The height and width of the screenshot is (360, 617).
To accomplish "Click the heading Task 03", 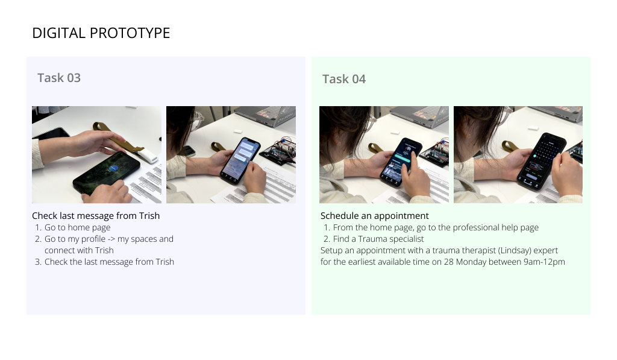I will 58,78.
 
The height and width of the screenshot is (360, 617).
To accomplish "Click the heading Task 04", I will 343,79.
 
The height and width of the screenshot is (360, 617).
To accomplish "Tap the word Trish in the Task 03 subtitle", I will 149,215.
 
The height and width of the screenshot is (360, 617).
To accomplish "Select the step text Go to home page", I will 77,227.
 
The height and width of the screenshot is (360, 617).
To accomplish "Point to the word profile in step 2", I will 93,239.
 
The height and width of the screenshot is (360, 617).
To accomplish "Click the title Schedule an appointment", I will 374,215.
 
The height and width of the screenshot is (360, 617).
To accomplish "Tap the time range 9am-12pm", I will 544,262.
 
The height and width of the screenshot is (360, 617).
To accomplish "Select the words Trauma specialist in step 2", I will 395,239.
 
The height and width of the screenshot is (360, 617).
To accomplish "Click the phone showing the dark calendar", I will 540,159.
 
